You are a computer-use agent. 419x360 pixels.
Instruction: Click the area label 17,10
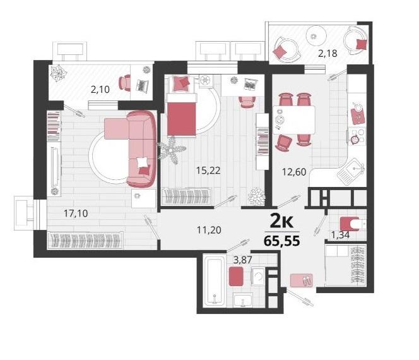(x=76, y=213)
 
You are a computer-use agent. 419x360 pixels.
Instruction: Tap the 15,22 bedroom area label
(x=208, y=171)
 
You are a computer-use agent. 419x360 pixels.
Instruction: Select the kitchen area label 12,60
(x=294, y=172)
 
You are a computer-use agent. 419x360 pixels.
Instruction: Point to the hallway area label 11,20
(x=209, y=230)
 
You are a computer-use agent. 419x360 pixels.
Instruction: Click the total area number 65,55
(x=282, y=241)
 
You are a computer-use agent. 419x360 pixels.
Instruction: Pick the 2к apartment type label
(x=282, y=221)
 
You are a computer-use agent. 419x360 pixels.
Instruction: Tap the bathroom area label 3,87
(x=243, y=260)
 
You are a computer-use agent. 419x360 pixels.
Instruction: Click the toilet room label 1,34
(x=340, y=235)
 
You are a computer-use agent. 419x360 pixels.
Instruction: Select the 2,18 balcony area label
(x=328, y=54)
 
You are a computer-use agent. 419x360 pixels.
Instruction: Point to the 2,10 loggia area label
(x=100, y=89)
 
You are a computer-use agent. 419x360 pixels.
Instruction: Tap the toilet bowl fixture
(x=352, y=224)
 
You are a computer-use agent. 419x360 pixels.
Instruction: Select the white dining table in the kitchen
(x=294, y=120)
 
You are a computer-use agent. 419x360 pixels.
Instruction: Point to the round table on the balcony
(x=316, y=36)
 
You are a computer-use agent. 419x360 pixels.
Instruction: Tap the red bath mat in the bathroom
(x=236, y=276)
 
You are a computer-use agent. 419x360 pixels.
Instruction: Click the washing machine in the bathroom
(x=258, y=276)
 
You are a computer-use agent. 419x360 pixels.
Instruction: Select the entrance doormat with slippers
(x=302, y=280)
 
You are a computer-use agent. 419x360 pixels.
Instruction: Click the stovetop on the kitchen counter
(x=357, y=136)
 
